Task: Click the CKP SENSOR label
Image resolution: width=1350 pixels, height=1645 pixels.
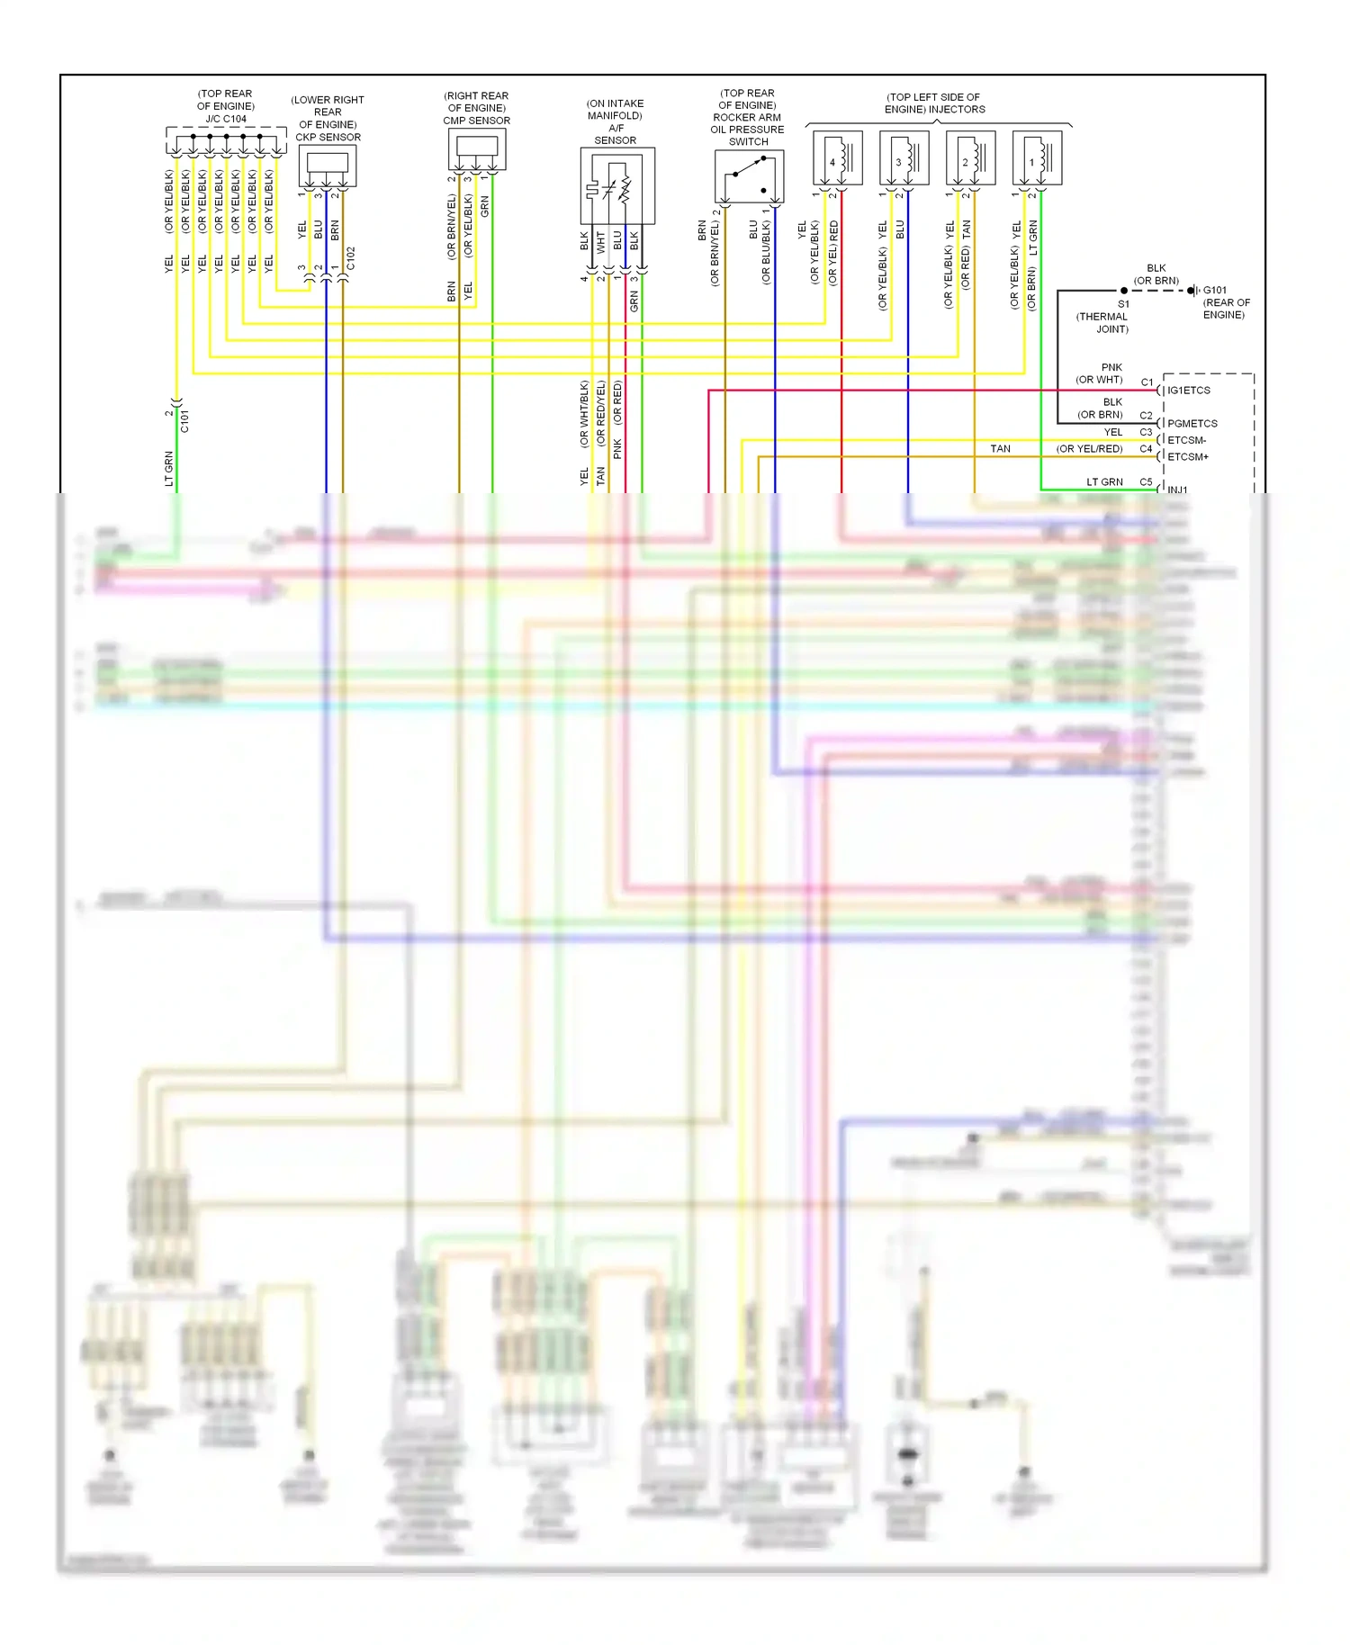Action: click(x=328, y=138)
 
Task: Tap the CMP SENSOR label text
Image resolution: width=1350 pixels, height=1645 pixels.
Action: click(x=476, y=121)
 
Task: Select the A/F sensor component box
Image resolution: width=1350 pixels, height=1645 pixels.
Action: click(x=617, y=186)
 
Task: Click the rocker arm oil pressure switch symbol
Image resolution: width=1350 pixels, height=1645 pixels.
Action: click(x=749, y=176)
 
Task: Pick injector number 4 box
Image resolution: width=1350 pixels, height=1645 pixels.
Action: click(x=837, y=158)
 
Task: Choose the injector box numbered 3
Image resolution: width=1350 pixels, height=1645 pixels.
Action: click(x=904, y=158)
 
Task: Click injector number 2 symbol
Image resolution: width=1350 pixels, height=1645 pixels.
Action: click(x=970, y=158)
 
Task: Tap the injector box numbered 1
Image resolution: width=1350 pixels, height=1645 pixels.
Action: click(x=1037, y=158)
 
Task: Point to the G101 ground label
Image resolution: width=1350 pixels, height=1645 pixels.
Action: click(x=1214, y=291)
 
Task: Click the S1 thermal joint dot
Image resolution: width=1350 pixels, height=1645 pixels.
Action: click(x=1123, y=291)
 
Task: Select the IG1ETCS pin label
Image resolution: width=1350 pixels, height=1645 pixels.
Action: click(x=1188, y=391)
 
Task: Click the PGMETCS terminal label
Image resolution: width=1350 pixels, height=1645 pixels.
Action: click(x=1192, y=424)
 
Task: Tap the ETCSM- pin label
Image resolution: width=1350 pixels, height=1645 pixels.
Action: click(x=1186, y=440)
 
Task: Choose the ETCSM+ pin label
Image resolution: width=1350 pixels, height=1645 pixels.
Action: click(x=1187, y=457)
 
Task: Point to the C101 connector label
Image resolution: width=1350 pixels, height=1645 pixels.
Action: click(x=184, y=420)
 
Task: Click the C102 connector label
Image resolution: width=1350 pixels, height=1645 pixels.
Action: click(x=351, y=258)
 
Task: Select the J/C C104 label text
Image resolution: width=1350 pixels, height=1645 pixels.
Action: click(x=225, y=119)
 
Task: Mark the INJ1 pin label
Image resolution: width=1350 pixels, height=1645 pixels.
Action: click(x=1177, y=490)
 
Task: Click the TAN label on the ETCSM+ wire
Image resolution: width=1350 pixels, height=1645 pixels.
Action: click(x=1000, y=449)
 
